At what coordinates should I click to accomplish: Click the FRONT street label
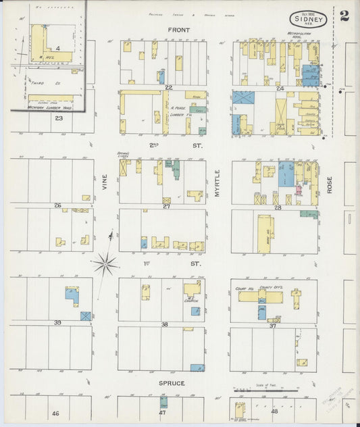click(x=178, y=30)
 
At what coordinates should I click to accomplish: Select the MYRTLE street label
click(x=217, y=182)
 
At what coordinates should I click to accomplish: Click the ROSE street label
click(x=330, y=185)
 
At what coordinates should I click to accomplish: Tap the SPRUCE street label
click(x=173, y=383)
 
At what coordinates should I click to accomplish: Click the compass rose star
click(x=105, y=263)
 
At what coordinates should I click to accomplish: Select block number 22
click(x=168, y=88)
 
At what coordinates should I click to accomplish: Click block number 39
click(x=57, y=322)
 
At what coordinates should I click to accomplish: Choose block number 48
click(x=274, y=411)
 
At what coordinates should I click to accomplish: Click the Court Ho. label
click(x=244, y=288)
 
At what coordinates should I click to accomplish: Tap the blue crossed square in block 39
click(x=86, y=316)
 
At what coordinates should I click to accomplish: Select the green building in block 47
click(x=163, y=401)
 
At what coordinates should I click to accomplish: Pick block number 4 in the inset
click(x=58, y=49)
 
